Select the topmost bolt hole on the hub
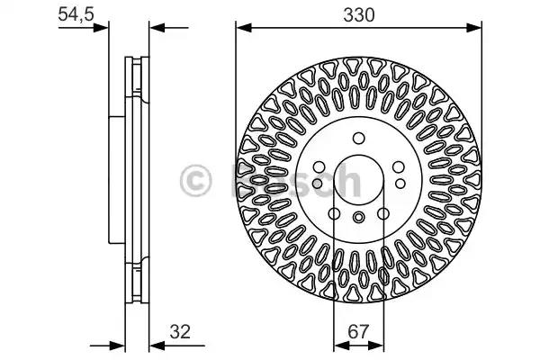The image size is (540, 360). click(x=357, y=138)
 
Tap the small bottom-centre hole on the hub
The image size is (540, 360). click(x=357, y=217)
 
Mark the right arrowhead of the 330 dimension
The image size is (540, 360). click(x=474, y=27)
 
